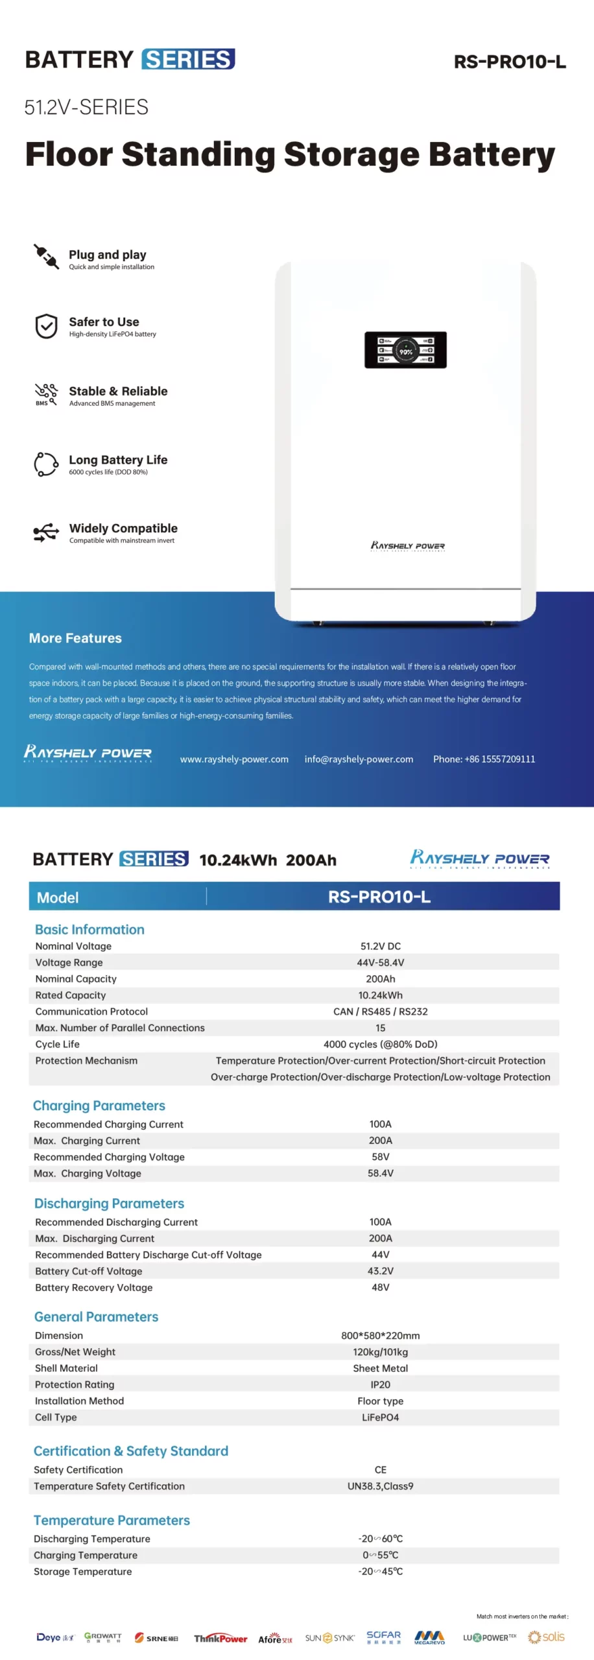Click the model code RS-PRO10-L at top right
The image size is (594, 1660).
[x=510, y=62]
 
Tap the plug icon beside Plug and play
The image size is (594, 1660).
[x=46, y=256]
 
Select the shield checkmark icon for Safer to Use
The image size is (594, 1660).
[x=46, y=326]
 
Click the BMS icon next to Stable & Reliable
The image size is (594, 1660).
[x=46, y=394]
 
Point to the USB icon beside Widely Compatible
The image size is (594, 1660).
[x=46, y=532]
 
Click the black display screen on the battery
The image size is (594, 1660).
[x=405, y=350]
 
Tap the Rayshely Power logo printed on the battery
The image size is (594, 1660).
[x=408, y=546]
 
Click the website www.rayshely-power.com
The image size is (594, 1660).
[x=234, y=759]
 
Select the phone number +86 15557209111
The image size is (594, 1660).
[x=484, y=759]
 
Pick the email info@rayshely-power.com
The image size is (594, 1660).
[x=359, y=759]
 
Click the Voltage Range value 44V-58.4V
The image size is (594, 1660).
[x=380, y=963]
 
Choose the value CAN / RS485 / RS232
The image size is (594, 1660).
[x=380, y=1012]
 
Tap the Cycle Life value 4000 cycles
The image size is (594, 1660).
[x=380, y=1045]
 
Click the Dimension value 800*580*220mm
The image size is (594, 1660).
[x=380, y=1336]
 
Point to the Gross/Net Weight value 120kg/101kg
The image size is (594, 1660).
[x=380, y=1352]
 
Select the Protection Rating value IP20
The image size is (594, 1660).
[x=380, y=1385]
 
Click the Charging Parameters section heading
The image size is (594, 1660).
[x=99, y=1106]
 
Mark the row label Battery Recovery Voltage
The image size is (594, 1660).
[x=94, y=1288]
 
